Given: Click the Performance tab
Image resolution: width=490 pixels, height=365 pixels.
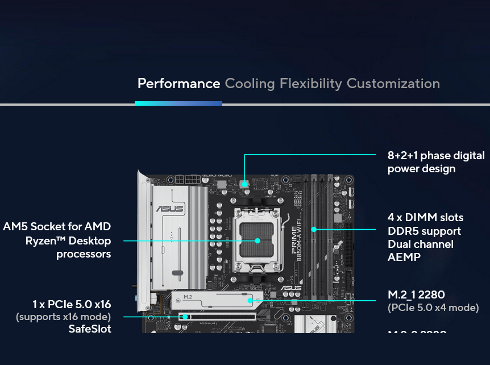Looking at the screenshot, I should (178, 84).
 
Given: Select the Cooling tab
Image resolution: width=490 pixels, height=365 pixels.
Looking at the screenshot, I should (250, 84).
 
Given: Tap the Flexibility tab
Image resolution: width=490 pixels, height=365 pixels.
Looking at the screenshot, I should (310, 84).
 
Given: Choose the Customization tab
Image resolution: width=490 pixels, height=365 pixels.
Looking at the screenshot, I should (393, 84).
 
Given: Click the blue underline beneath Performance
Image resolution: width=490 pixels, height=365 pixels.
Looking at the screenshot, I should (178, 103).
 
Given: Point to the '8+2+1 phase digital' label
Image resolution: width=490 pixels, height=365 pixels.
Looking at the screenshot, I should (436, 155).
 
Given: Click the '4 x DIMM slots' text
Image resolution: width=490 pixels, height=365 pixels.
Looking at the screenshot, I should (425, 217).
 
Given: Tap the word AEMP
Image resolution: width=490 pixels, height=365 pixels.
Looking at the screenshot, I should (404, 257).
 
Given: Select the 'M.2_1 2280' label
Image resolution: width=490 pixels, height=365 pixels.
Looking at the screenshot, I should (416, 295).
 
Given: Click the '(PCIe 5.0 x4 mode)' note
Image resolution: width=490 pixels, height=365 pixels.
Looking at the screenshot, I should (433, 308).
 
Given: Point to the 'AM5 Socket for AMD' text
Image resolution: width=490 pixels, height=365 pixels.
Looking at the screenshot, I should (57, 227).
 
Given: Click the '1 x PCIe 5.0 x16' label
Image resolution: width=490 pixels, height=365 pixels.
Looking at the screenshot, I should (72, 304).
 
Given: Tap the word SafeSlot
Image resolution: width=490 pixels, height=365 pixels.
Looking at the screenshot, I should (90, 329).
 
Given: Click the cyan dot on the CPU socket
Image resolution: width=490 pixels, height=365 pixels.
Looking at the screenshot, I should (258, 240).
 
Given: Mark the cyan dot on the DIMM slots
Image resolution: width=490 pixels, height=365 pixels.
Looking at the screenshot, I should (314, 229).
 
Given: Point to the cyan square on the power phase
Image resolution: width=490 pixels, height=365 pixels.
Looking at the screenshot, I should (244, 184).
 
